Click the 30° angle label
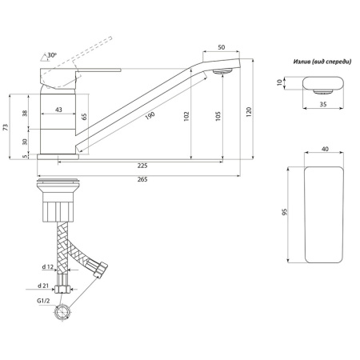(x=52, y=56)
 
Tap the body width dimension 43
(x=58, y=110)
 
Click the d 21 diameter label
(x=46, y=285)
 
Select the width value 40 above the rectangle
(x=325, y=148)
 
